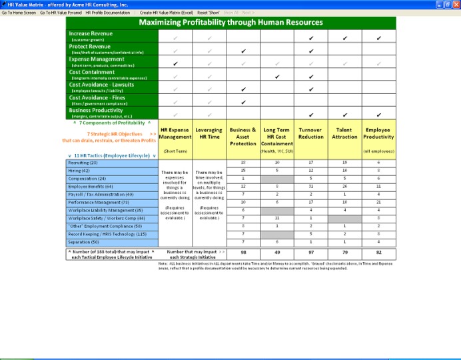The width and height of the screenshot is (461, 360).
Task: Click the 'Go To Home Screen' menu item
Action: point(19,13)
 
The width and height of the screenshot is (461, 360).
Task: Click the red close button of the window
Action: point(455,4)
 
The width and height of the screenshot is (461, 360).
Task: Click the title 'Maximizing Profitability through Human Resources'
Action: point(230,23)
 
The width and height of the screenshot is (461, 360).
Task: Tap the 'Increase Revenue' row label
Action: point(91,33)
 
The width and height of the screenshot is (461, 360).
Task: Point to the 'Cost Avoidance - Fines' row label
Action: point(97,98)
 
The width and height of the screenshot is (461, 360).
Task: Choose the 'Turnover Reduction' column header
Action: point(311,137)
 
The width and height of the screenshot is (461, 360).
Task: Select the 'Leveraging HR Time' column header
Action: point(209,133)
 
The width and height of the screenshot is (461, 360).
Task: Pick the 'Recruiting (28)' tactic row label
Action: point(83,163)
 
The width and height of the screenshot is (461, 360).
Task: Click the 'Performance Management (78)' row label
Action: point(99,202)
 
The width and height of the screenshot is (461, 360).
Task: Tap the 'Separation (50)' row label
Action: point(84,241)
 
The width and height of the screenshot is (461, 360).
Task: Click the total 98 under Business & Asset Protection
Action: point(243,253)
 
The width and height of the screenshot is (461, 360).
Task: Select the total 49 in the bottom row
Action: point(277,253)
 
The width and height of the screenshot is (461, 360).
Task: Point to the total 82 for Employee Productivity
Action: point(378,253)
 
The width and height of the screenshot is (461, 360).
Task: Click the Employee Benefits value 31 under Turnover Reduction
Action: point(311,187)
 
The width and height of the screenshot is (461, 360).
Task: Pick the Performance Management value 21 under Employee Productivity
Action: point(378,202)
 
